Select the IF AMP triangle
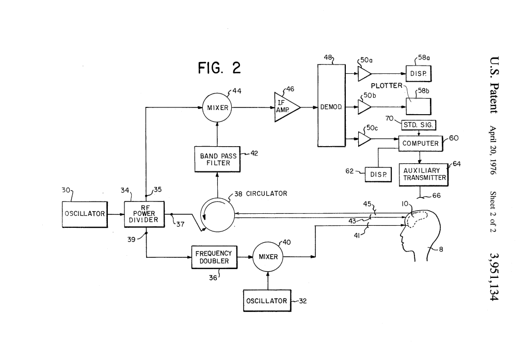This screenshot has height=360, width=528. click(285, 108)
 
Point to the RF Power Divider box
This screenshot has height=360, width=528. click(145, 213)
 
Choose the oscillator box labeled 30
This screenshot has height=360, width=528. click(84, 213)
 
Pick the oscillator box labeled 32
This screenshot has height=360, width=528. click(266, 301)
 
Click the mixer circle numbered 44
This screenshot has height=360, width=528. click(217, 108)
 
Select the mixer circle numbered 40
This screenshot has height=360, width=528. click(268, 257)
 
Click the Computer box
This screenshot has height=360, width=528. click(421, 143)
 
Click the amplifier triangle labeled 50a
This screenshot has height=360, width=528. click(364, 73)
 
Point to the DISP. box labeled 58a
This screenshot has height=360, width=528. click(418, 74)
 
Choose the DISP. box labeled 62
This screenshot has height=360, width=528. click(378, 175)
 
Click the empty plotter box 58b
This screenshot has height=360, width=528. click(419, 106)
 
